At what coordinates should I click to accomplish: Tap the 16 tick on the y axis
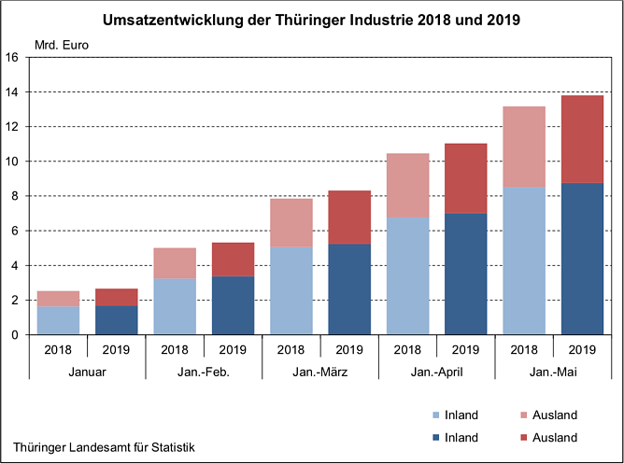[x=13, y=57]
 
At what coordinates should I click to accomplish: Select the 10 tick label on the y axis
[x=13, y=162]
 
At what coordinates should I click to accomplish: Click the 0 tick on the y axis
[x=16, y=335]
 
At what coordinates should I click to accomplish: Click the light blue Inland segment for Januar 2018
[x=59, y=320]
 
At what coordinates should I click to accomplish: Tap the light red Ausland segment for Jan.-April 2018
[x=407, y=186]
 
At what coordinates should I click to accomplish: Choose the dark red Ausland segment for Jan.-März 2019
[x=348, y=218]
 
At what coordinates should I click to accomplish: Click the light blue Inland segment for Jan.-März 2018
[x=291, y=290]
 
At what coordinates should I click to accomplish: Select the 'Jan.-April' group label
[x=436, y=372]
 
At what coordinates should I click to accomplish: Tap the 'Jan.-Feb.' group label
[x=204, y=372]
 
